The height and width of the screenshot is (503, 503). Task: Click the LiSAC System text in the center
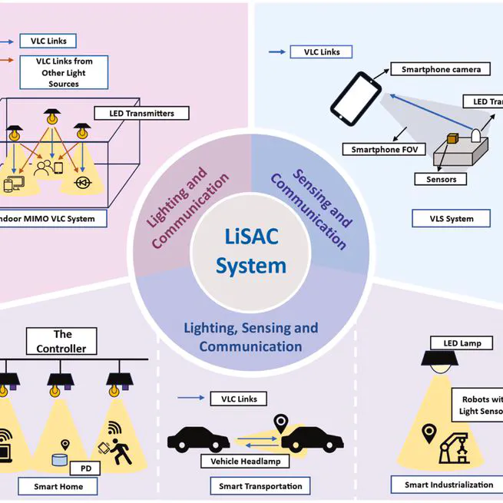tap(251, 253)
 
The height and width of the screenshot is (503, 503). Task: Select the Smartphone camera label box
tap(441, 69)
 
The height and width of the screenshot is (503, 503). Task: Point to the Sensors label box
tap(435, 179)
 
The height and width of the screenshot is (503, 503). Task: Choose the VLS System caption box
tap(451, 218)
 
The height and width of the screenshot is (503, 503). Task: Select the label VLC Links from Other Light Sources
tap(63, 71)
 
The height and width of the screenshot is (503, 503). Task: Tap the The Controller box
tap(62, 341)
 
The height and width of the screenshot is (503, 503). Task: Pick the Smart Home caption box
tap(58, 486)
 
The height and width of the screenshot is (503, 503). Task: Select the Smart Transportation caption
tap(260, 486)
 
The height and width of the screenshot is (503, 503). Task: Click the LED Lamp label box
tap(462, 343)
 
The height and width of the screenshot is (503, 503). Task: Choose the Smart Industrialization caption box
tap(449, 485)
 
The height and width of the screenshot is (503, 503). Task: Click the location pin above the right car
tap(281, 422)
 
